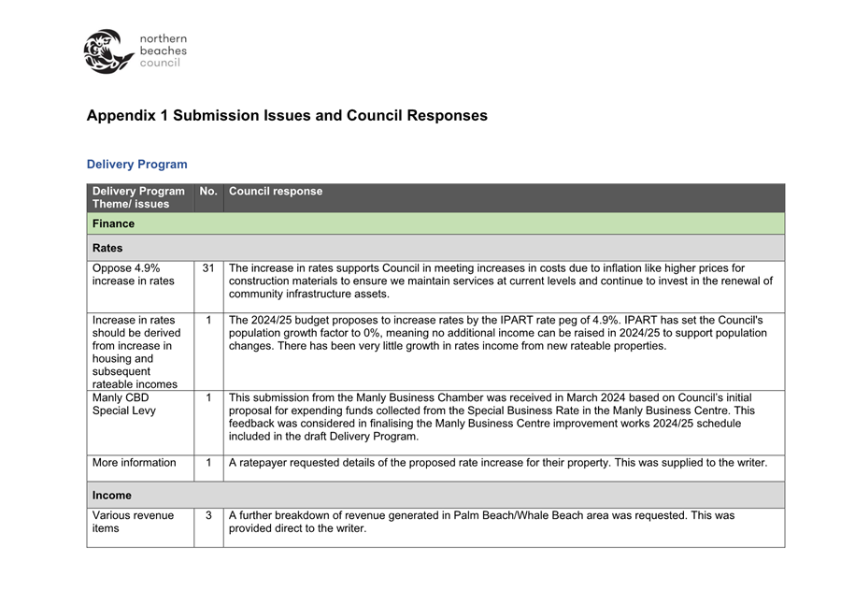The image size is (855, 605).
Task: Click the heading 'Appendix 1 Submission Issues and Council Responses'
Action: pos(287,116)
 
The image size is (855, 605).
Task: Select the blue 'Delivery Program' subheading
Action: pos(136,165)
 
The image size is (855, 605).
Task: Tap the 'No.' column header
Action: pos(208,192)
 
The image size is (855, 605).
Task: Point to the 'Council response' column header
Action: pos(276,192)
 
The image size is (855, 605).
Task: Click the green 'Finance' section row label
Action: pos(113,223)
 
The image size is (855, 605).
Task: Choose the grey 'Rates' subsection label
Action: pos(107,248)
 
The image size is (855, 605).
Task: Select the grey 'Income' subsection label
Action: pos(112,496)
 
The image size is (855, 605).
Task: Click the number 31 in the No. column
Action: pos(208,268)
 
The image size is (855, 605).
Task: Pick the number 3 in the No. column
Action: pos(208,515)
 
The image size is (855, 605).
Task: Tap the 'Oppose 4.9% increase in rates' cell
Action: pos(134,275)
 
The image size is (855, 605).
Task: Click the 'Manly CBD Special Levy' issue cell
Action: pos(124,404)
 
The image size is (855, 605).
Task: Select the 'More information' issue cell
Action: pos(134,463)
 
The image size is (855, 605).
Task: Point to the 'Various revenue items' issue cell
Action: pos(133,522)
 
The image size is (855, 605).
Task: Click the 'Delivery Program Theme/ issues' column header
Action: pos(138,197)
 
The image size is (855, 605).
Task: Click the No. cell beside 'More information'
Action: pos(208,463)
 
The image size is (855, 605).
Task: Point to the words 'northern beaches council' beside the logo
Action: pos(163,50)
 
